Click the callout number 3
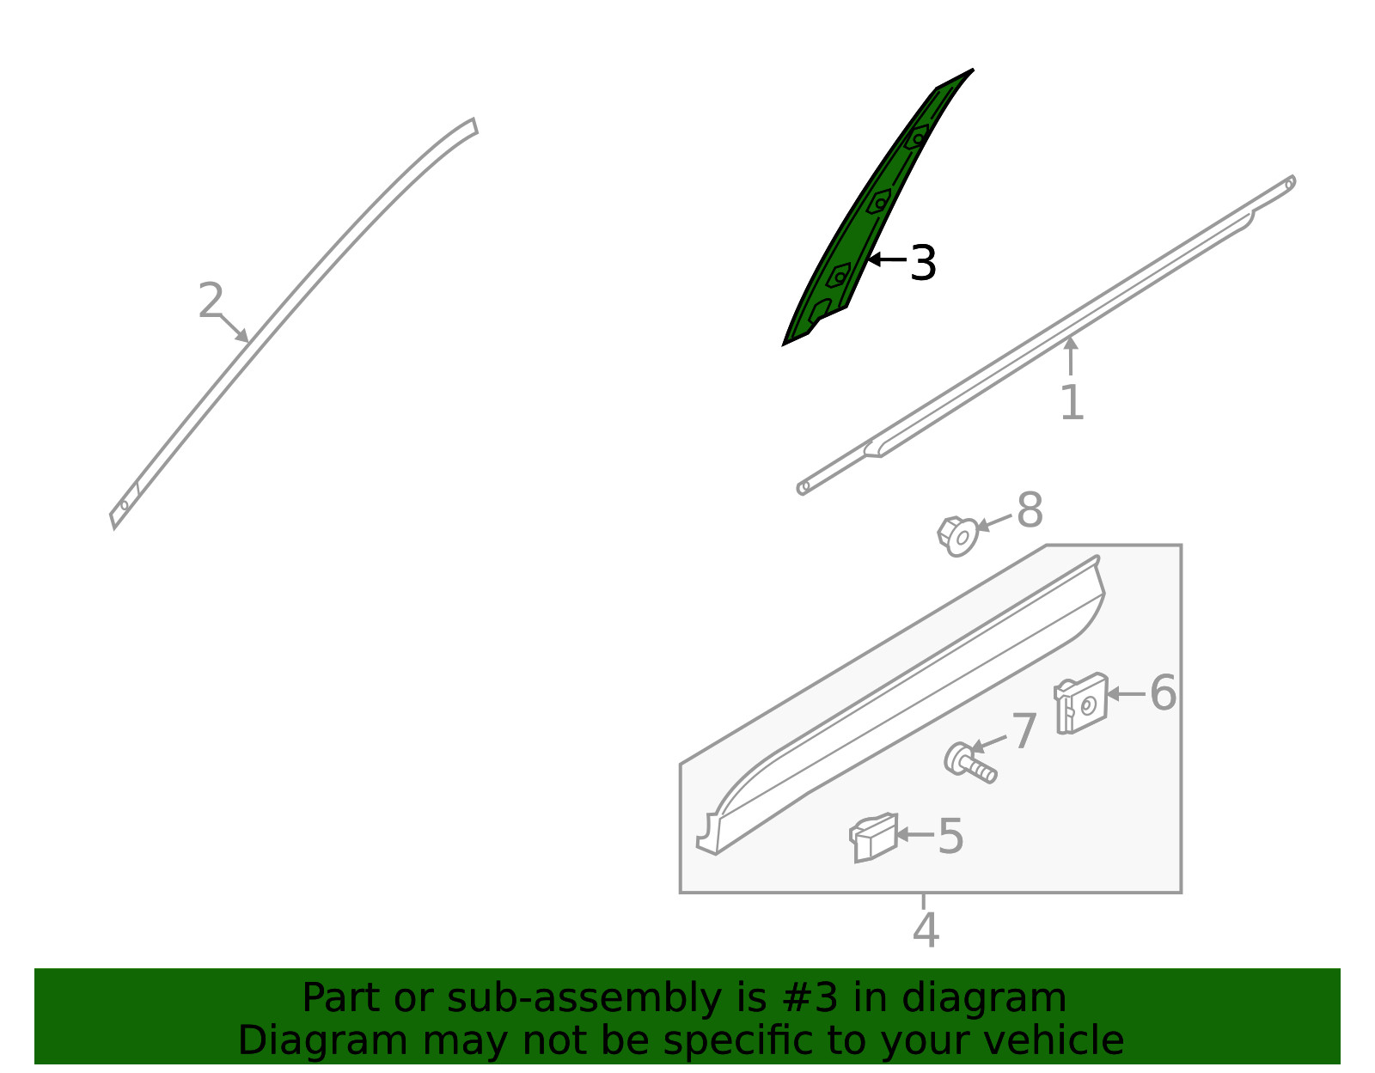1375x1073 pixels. click(x=923, y=263)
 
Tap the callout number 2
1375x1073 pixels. click(x=211, y=300)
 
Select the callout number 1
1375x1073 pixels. click(x=1072, y=402)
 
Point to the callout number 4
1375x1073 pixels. click(x=926, y=930)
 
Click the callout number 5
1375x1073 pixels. click(x=950, y=836)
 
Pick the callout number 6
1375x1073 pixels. click(x=1163, y=693)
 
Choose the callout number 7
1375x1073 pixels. click(x=1024, y=731)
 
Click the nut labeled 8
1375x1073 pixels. click(x=957, y=536)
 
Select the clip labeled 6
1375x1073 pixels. click(x=1081, y=703)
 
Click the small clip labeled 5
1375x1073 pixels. click(x=873, y=837)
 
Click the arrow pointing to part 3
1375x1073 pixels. click(x=887, y=259)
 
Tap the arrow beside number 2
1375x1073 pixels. click(x=234, y=328)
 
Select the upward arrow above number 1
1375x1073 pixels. click(x=1071, y=356)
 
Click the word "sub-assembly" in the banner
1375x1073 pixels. click(x=584, y=998)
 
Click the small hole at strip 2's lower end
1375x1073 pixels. click(x=125, y=505)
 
